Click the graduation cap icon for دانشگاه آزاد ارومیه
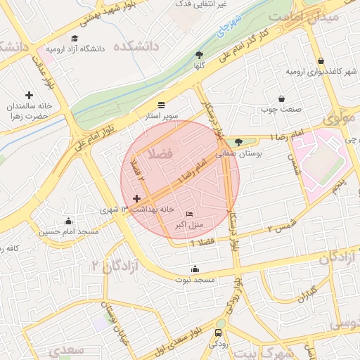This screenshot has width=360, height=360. coord(75,38)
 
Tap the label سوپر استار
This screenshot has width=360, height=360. coord(162,115)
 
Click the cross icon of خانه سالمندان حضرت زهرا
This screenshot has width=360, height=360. coord(29,95)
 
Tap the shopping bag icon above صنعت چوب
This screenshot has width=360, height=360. coord(282,99)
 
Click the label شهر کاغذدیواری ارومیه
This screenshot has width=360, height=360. coord(322,72)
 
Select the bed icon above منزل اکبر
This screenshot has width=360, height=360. coord(188,214)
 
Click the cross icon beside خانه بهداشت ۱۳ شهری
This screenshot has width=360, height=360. coord(136,200)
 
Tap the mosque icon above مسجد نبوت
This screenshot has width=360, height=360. coord(195,269)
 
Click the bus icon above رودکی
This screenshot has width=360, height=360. coord(219,333)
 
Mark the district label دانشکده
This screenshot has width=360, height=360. coord(139,46)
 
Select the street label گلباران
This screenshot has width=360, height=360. coord(303,294)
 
